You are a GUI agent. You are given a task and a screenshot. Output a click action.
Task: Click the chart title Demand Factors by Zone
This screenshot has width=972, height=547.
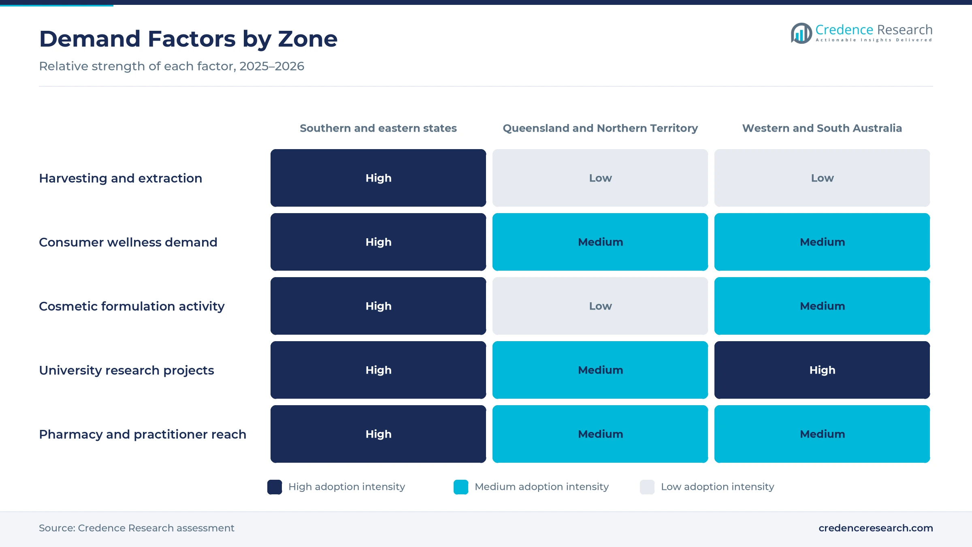[188, 39]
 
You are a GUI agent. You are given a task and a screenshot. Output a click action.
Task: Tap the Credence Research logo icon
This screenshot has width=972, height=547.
[801, 33]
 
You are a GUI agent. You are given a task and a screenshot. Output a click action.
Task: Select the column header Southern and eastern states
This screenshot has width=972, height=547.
[378, 128]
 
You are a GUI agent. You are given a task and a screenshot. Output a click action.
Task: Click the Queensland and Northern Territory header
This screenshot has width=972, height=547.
[600, 128]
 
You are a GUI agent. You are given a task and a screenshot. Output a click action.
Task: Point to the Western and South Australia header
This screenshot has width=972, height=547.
[822, 128]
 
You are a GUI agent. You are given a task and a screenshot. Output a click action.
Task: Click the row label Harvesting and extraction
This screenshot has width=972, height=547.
[120, 178]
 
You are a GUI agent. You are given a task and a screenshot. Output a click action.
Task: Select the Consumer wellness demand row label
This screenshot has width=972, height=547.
[128, 242]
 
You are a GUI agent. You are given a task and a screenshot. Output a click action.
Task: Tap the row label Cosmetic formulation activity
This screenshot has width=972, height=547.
[132, 306]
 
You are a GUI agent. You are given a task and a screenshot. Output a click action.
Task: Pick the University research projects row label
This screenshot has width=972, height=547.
[126, 370]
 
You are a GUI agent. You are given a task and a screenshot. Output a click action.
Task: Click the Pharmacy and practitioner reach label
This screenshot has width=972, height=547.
[143, 434]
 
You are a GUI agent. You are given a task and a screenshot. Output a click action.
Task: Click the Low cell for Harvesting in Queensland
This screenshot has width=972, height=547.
[600, 178]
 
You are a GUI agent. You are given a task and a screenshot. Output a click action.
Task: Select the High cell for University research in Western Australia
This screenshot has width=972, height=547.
[822, 370]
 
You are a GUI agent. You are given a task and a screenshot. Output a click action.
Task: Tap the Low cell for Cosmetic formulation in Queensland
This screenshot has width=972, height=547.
[600, 306]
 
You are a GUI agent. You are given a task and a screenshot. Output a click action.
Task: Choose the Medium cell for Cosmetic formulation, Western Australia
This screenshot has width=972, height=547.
[822, 306]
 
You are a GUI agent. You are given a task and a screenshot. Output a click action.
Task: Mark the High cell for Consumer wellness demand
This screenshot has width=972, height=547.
[378, 242]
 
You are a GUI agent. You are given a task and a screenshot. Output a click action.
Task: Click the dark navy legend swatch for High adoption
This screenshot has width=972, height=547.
[275, 487]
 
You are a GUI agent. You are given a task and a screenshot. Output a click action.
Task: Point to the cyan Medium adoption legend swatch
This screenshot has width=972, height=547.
[461, 487]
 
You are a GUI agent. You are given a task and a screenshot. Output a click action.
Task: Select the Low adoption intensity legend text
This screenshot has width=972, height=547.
[717, 487]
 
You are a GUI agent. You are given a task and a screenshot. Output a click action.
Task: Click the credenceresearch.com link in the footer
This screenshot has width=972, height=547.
[876, 528]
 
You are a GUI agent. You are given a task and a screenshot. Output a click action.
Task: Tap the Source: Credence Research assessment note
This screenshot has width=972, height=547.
[136, 528]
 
